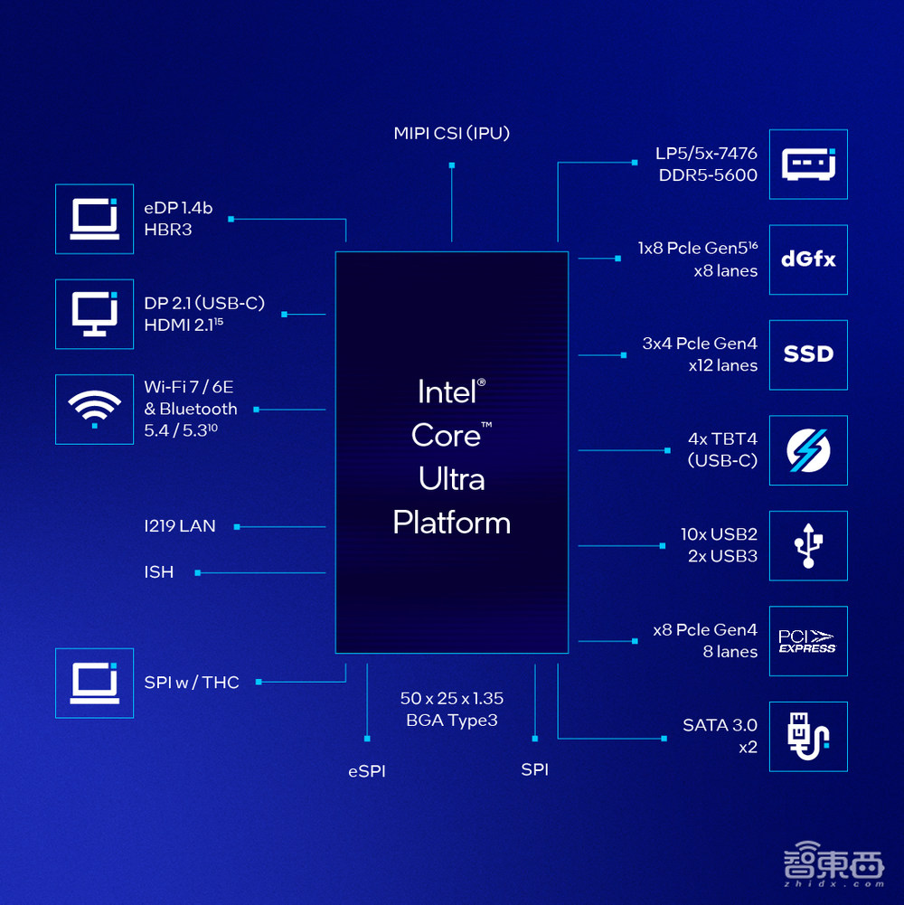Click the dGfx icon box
[x=808, y=259]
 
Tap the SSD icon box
[x=808, y=354]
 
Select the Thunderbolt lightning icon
[x=808, y=450]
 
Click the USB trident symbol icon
[x=808, y=545]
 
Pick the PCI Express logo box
[x=808, y=641]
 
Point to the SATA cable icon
[x=808, y=736]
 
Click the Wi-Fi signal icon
[x=94, y=409]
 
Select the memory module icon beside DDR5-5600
[x=808, y=164]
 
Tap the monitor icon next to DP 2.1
[x=94, y=314]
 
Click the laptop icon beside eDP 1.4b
[x=94, y=219]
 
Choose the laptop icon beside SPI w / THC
[x=94, y=683]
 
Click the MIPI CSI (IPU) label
[x=452, y=134]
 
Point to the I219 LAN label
[x=180, y=526]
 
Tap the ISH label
[x=159, y=572]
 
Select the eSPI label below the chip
[x=367, y=771]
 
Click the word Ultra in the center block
[x=452, y=479]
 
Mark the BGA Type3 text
[x=452, y=721]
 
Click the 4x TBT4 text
[x=722, y=439]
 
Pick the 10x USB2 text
[x=719, y=534]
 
